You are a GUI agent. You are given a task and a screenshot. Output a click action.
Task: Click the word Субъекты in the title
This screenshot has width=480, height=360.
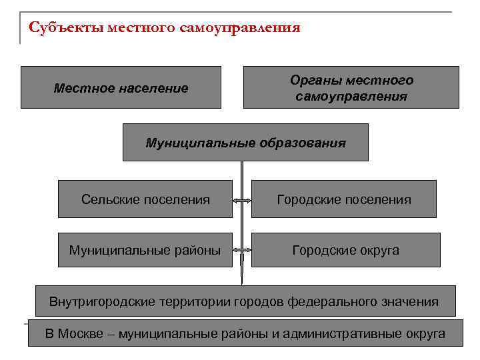tap(62, 28)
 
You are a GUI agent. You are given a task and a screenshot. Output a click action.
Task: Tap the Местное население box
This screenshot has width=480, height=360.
tap(121, 87)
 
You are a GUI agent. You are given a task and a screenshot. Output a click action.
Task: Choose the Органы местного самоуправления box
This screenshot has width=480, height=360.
tap(351, 87)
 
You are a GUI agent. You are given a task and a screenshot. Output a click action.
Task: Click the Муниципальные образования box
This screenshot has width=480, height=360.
tap(245, 142)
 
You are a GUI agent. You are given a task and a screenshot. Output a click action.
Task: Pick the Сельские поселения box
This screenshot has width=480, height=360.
tap(145, 199)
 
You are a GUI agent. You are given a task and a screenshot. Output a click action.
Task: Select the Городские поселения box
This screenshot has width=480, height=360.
tap(343, 199)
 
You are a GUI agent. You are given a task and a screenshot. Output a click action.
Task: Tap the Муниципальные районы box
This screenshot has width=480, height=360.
tap(145, 250)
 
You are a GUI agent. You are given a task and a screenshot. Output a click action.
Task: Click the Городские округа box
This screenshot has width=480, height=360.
tap(345, 250)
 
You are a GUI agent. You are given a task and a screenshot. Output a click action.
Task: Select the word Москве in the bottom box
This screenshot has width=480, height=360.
tap(85, 333)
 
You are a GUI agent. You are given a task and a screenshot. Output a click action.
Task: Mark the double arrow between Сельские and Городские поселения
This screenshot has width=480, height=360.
tap(242, 199)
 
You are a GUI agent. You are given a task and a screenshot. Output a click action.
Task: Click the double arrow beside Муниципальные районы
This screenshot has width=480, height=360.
tap(242, 251)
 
